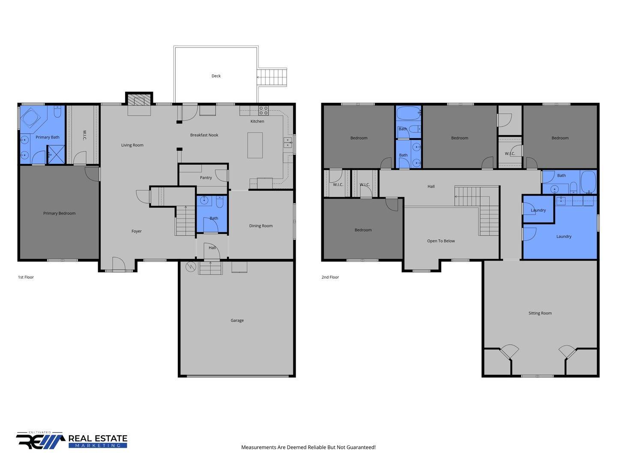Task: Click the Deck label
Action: coord(216,76)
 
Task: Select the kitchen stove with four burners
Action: coord(264,111)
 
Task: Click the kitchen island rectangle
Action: coord(255,145)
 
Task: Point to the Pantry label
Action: coord(206,177)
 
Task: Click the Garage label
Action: coord(237,320)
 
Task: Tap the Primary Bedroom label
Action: coord(59,213)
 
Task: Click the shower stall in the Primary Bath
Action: coord(56,154)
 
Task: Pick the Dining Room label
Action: coord(261,226)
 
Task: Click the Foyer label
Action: coord(137,231)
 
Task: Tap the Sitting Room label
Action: coord(540,313)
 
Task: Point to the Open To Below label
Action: coord(441,241)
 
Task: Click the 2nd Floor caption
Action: coord(330,277)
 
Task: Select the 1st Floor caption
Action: coord(26,277)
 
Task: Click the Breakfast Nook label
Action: coord(204,135)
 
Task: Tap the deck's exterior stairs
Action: coord(272,77)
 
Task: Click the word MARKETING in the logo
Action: coord(98,445)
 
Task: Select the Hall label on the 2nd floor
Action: coord(431,186)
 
